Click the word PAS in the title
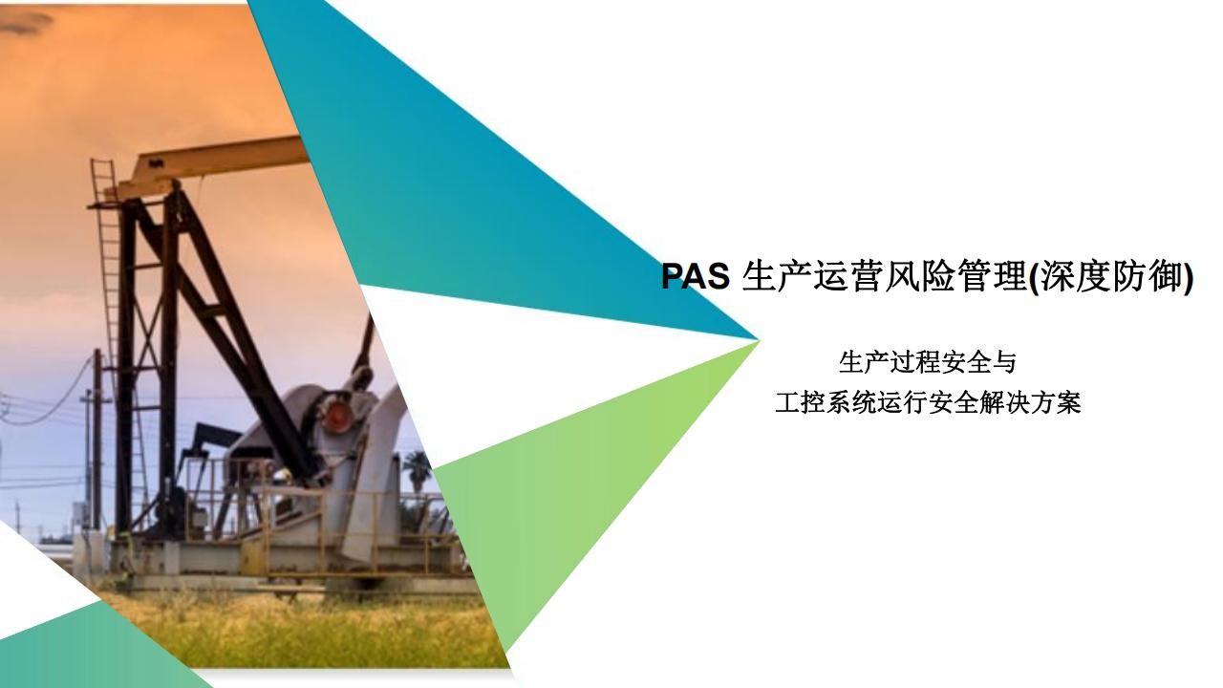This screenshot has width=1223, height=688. pyautogui.click(x=695, y=276)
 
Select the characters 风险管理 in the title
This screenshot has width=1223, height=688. pyautogui.click(x=955, y=276)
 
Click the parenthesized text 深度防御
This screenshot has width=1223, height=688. pyautogui.click(x=1111, y=277)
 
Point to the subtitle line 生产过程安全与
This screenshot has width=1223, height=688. pyautogui.click(x=928, y=363)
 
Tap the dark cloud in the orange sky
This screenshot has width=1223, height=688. pyautogui.click(x=25, y=22)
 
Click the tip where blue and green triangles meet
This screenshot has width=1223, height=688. pyautogui.click(x=759, y=339)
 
